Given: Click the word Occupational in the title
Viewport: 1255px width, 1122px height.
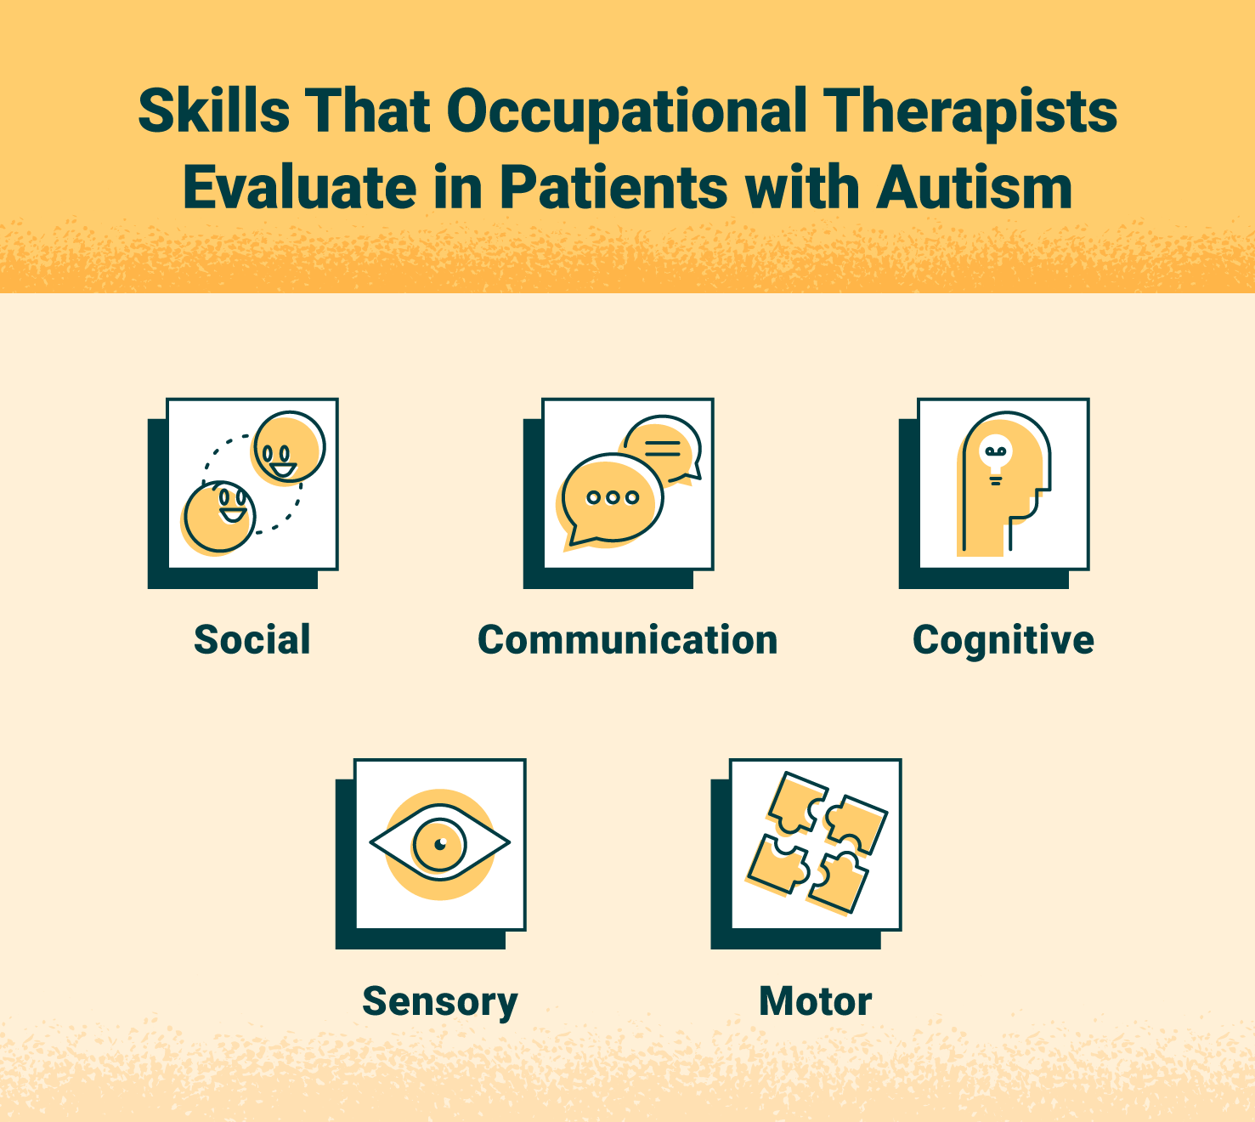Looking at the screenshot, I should pos(626,112).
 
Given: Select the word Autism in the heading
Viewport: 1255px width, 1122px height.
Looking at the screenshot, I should pos(975,188).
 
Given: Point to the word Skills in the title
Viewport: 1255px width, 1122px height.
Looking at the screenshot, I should pos(213,110).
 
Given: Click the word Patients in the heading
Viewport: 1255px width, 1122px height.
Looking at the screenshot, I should pos(613,188).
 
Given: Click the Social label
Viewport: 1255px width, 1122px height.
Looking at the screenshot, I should pos(252,640).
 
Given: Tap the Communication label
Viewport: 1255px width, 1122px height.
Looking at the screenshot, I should pos(627,640).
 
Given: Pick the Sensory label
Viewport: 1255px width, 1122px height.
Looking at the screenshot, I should pos(440,1001).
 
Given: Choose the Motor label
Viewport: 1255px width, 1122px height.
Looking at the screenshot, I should pos(815,1001).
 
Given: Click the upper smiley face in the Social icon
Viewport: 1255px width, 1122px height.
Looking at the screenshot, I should pos(289,448).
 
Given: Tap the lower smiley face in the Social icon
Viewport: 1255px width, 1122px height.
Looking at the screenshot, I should pos(220,517).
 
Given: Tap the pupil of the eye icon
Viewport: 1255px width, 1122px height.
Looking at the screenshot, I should pos(440,844).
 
